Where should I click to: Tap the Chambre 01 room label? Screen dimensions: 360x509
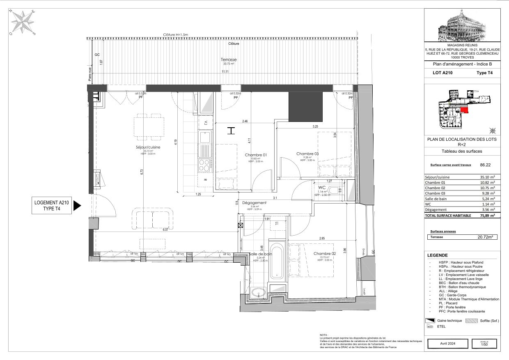point(256,155)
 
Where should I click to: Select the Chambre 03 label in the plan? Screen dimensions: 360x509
point(307,154)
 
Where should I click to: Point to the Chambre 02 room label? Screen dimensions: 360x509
point(325,254)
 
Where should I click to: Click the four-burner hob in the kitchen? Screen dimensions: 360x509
point(204,165)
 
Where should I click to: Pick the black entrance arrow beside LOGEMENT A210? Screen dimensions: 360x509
point(78,205)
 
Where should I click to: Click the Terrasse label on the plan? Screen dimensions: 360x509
point(229,60)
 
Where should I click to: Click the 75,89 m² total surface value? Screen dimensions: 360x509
point(487,215)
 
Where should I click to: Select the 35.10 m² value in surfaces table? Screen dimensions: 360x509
point(487,177)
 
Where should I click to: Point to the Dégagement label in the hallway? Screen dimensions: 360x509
point(254,203)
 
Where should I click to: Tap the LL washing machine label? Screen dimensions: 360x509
point(277,223)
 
